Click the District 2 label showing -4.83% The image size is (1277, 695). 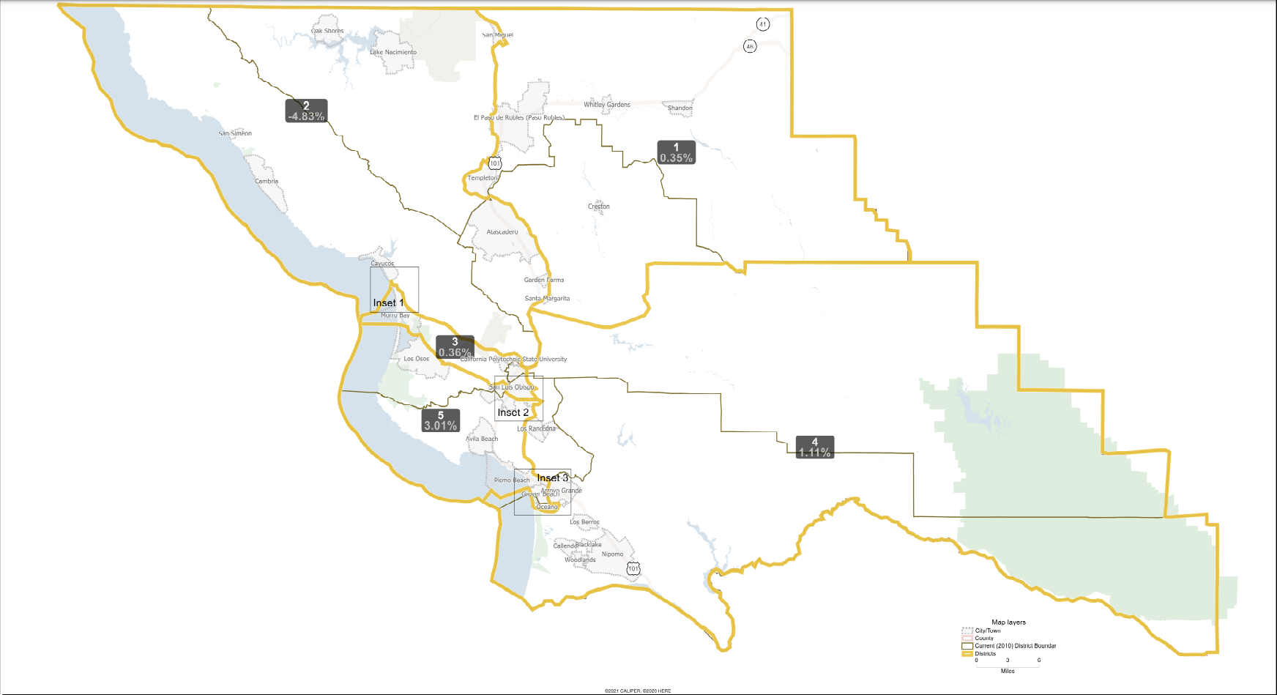[306, 111]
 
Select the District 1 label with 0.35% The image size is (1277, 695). [676, 152]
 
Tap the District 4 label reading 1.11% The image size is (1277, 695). [814, 447]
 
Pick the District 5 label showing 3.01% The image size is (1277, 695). [440, 420]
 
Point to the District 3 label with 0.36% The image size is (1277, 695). [455, 347]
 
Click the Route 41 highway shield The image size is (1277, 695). [763, 24]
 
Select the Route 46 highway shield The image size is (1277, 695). [750, 46]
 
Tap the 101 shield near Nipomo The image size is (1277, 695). [633, 568]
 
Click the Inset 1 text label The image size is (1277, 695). [388, 302]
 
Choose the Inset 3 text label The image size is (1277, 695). [552, 477]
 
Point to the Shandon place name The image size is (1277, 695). [680, 108]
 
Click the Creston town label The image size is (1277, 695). [598, 207]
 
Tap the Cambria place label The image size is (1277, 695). [267, 181]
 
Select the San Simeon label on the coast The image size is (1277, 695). [235, 133]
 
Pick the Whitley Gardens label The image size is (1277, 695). [607, 105]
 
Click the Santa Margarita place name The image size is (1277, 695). [547, 298]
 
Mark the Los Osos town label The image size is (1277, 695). [417, 359]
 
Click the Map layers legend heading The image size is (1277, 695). [1008, 622]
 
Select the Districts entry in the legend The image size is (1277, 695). [985, 653]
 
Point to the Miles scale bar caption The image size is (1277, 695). [1008, 671]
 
